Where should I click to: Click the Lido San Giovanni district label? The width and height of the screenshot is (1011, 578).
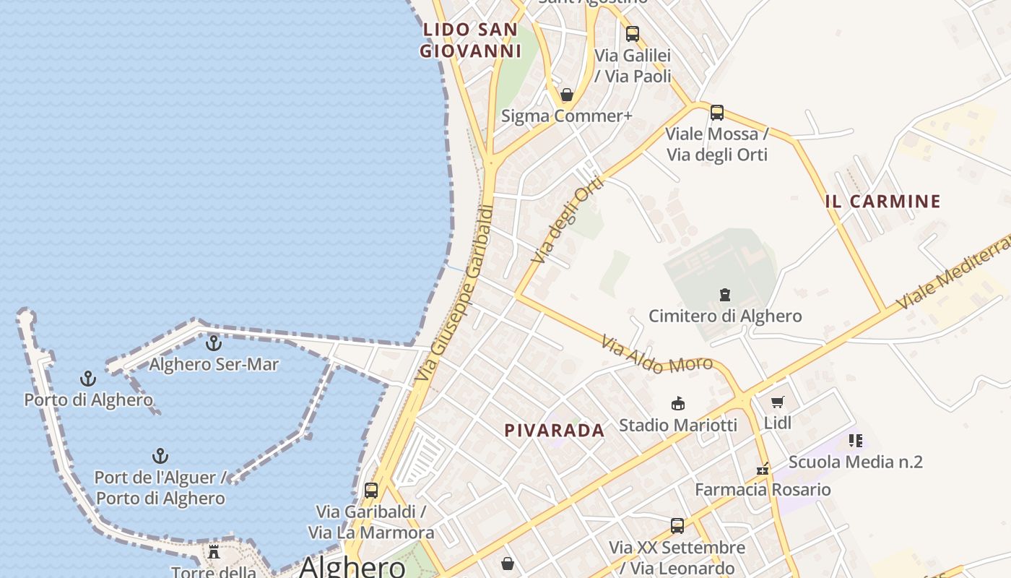click(x=470, y=40)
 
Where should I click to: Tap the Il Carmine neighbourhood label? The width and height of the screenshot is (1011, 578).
click(x=882, y=202)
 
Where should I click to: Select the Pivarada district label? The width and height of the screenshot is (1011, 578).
click(x=554, y=431)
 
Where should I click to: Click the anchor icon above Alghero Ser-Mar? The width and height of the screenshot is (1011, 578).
click(x=213, y=343)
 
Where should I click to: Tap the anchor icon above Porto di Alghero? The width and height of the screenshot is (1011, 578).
click(x=87, y=379)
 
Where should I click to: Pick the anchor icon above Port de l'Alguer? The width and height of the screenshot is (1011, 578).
click(x=160, y=456)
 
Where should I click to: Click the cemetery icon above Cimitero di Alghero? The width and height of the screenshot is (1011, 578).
click(x=724, y=295)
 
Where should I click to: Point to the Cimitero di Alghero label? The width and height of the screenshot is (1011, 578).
click(x=724, y=316)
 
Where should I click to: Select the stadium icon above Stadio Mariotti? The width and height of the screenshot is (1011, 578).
click(x=677, y=403)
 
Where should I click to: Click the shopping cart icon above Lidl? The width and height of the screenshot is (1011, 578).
click(x=777, y=402)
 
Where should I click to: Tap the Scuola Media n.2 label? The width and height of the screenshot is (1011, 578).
click(x=855, y=462)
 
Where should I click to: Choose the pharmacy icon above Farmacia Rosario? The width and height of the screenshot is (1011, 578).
click(x=762, y=469)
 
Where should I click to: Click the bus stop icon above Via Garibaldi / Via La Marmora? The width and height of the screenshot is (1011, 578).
click(x=370, y=491)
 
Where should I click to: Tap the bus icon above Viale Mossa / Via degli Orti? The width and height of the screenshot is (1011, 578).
click(x=716, y=113)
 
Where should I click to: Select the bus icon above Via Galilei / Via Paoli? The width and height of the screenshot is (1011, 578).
click(x=632, y=33)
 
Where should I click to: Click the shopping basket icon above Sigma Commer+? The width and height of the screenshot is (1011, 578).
click(x=567, y=95)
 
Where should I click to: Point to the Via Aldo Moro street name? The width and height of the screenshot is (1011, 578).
click(x=656, y=355)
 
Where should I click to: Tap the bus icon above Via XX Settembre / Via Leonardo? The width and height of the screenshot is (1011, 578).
click(x=677, y=526)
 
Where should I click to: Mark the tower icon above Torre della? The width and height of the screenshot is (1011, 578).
click(x=214, y=552)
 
